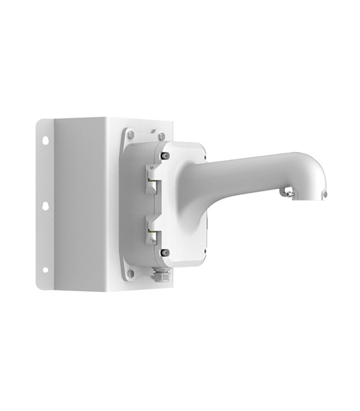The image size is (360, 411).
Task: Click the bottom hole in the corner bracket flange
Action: coord(46,274)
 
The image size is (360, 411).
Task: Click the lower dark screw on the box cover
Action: coord(165,252)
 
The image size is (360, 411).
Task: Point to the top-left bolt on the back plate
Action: coord(131,134)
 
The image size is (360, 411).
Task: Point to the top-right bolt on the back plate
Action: coord(162,135)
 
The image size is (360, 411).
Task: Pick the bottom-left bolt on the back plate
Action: coord(131,273)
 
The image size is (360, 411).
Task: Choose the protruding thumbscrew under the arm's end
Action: coord(289,189)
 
